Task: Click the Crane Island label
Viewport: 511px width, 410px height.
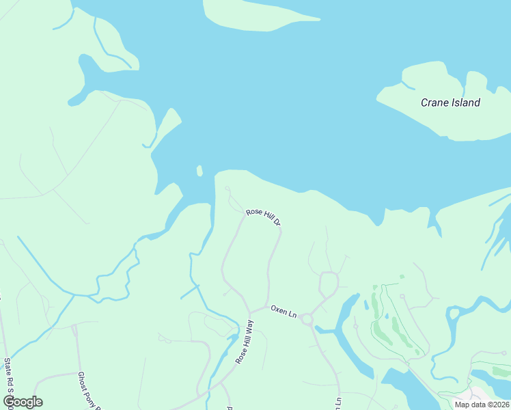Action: (x=450, y=102)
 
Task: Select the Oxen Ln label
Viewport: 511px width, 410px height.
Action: (x=284, y=312)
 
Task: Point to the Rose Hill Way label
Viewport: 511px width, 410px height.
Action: (x=245, y=340)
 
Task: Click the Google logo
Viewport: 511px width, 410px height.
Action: (x=23, y=402)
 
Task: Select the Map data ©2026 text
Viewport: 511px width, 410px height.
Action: (x=482, y=405)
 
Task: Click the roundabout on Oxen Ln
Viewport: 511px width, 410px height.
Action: (x=307, y=319)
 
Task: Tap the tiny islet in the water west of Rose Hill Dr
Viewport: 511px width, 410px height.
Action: (x=199, y=170)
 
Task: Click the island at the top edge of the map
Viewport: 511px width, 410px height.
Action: (x=259, y=15)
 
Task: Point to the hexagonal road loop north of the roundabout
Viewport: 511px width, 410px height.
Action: (x=329, y=282)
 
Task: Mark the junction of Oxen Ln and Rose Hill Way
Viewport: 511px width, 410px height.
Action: (x=251, y=312)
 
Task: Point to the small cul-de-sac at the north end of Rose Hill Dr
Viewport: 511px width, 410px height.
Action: (x=227, y=189)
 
